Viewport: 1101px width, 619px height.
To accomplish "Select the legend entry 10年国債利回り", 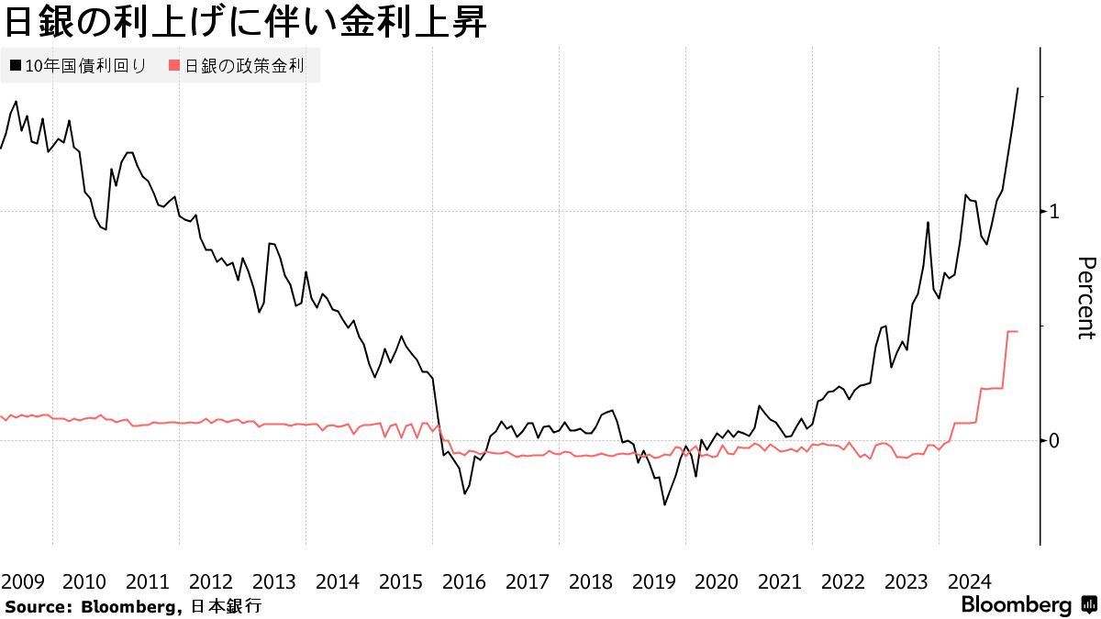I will tap(86, 66).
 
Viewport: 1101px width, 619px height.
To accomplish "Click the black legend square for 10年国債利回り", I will tap(16, 66).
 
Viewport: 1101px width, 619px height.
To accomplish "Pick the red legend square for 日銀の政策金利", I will tap(174, 66).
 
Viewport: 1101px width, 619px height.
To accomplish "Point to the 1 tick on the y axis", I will tap(1054, 211).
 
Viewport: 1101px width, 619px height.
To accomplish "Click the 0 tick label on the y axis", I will tap(1054, 440).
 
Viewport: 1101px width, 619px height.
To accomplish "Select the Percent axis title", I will tap(1084, 298).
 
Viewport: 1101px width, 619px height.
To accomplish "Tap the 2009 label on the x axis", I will tap(22, 581).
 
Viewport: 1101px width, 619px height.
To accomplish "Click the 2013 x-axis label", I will tap(273, 581).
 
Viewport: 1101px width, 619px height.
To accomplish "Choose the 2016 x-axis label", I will tap(463, 581).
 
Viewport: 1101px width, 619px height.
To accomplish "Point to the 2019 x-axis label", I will tap(653, 581).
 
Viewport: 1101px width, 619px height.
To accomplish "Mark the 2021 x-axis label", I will tap(780, 581).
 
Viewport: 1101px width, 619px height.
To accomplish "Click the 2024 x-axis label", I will tap(970, 581).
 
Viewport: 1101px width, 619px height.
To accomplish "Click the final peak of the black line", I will tap(1018, 88).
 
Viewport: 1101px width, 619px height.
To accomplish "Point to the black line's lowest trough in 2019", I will tap(664, 504).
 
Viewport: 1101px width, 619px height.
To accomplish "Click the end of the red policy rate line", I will tap(1018, 331).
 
